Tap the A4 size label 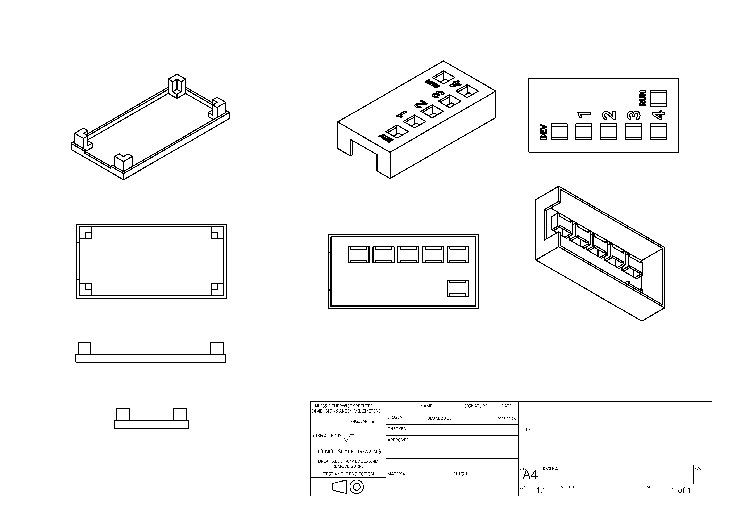(530, 475)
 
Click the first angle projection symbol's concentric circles (357, 487)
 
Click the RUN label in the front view (643, 98)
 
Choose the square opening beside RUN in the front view (658, 98)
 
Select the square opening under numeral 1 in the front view (584, 132)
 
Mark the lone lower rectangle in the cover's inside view (458, 288)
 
